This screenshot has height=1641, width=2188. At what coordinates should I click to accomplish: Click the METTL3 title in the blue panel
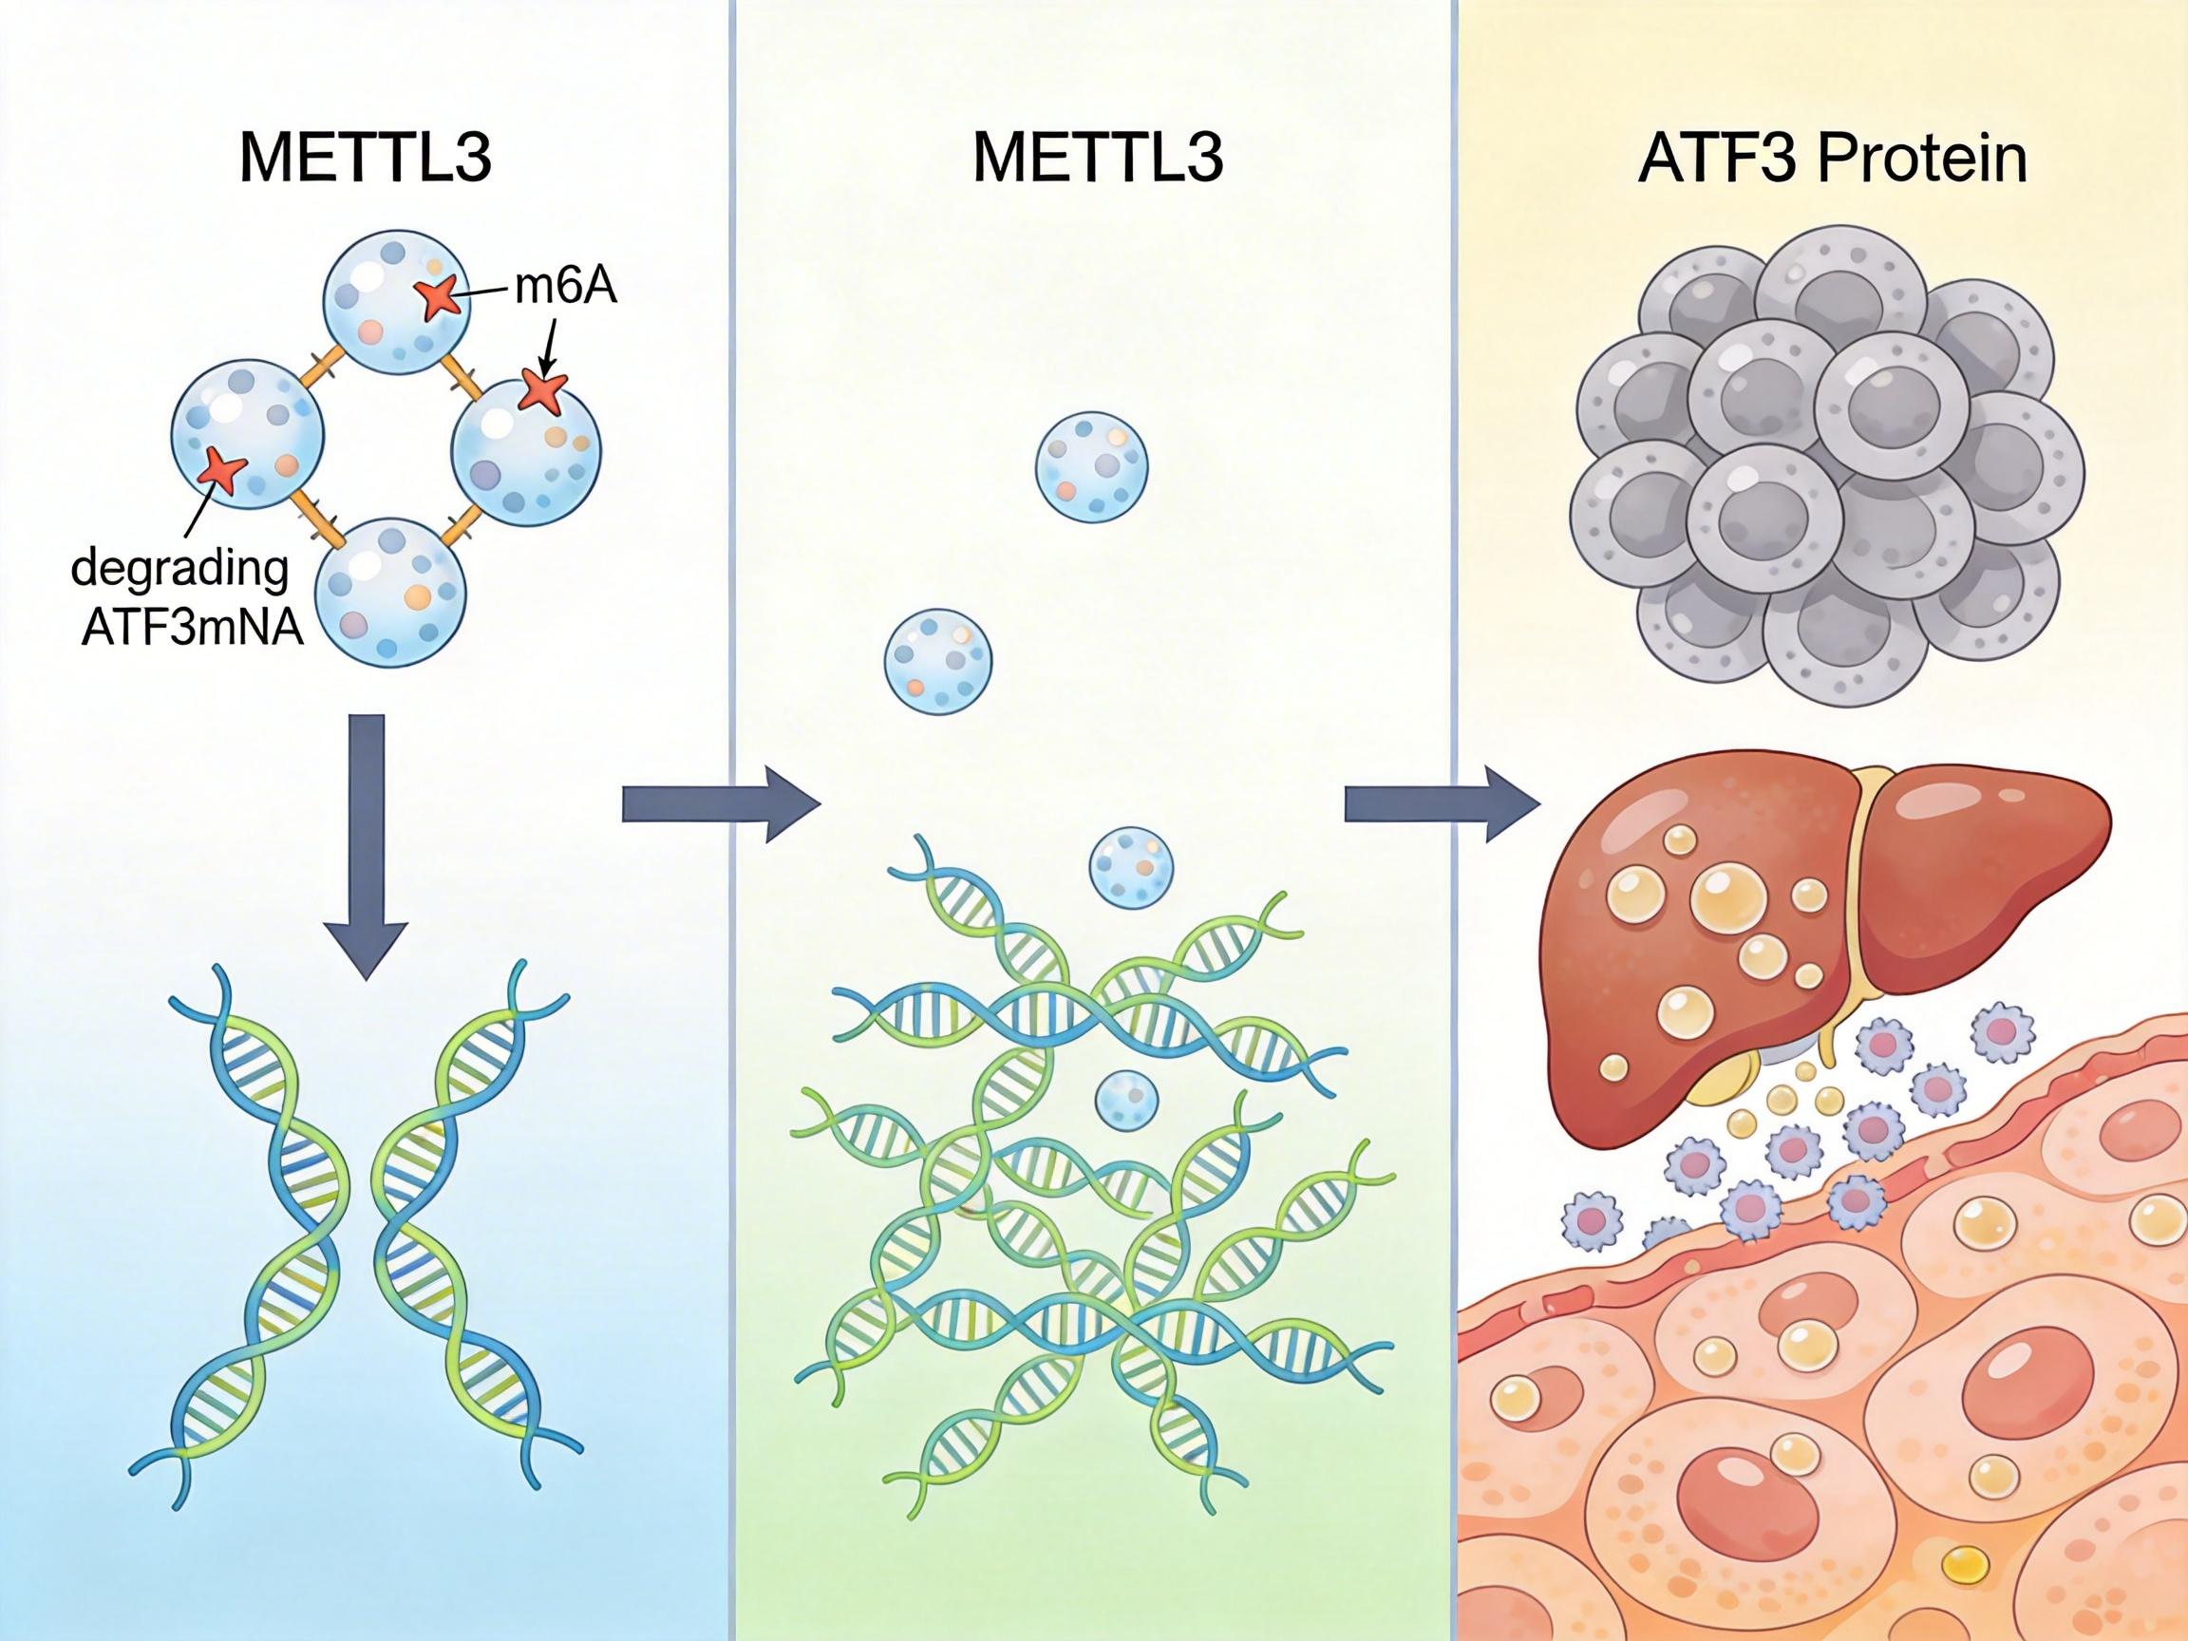(365, 160)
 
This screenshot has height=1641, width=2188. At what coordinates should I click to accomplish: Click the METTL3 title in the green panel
(1098, 160)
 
